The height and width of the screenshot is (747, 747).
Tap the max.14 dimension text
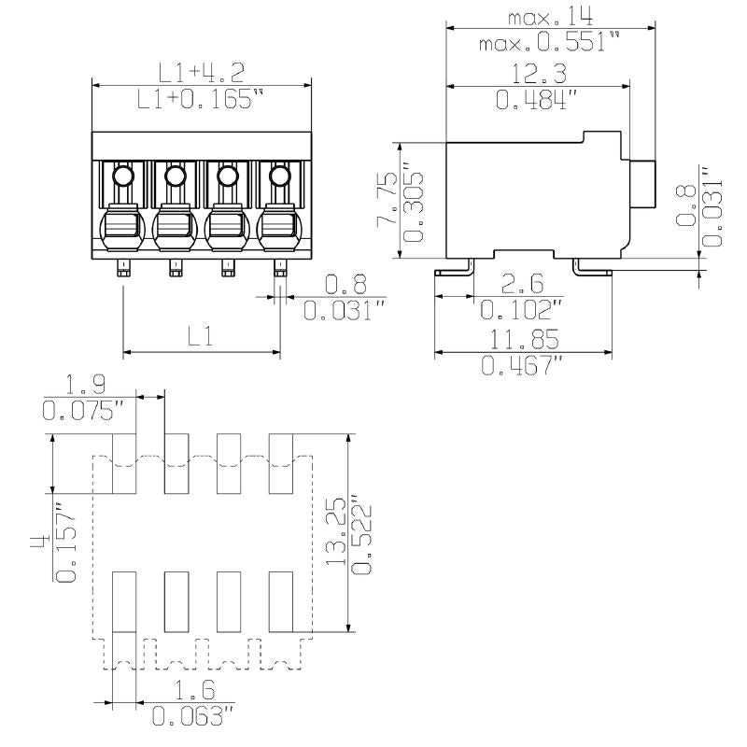coord(551,16)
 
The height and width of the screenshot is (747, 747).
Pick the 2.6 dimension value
coord(518,284)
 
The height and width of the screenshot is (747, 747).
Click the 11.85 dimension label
coord(521,339)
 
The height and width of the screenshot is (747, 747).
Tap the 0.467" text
coord(521,366)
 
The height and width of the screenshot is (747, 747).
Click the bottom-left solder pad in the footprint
coord(125,602)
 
